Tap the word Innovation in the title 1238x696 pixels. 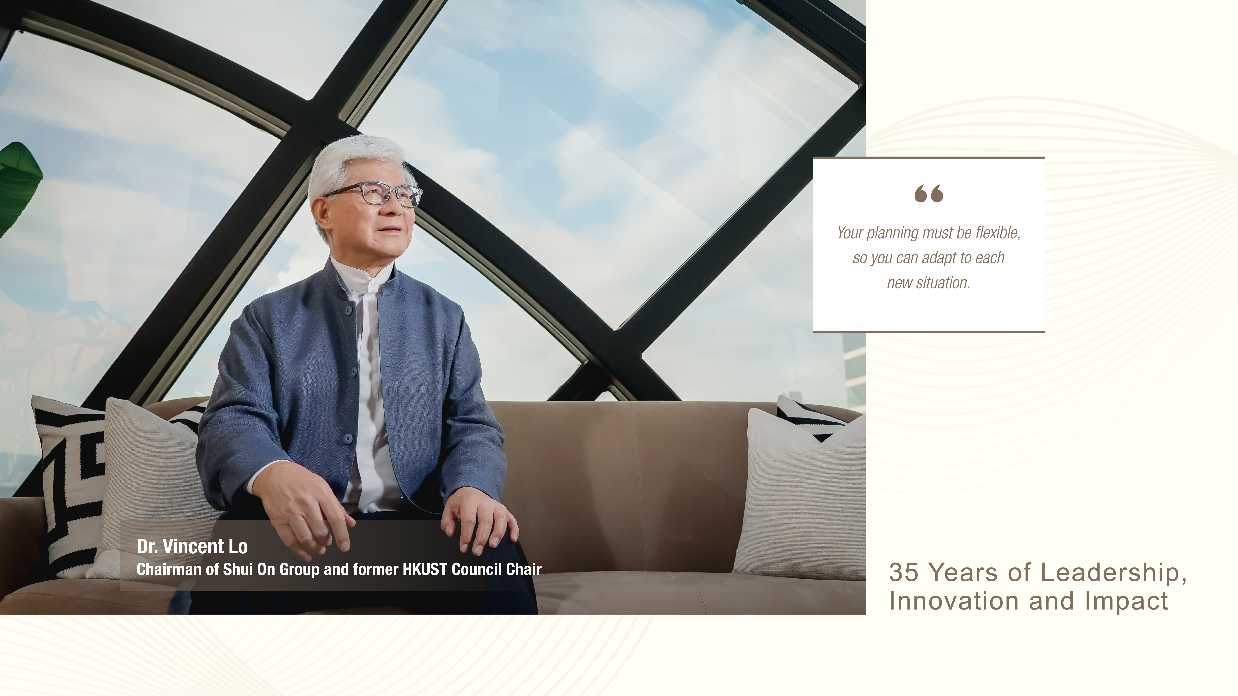[954, 601]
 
